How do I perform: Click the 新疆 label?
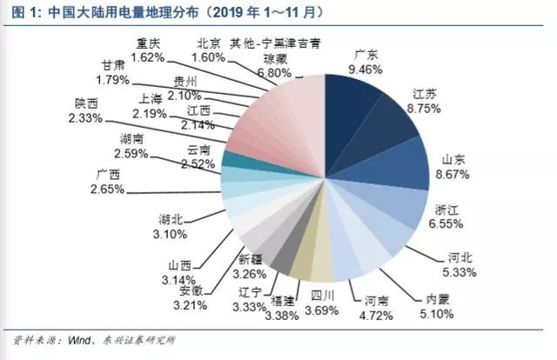tap(251, 259)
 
